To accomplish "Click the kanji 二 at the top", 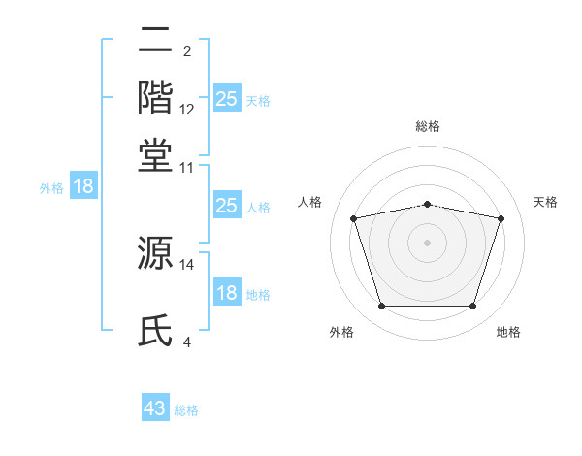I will coord(156,41).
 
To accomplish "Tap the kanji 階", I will coord(156,96).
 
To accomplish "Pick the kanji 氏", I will coord(156,330).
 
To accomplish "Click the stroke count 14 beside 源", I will coord(187,264).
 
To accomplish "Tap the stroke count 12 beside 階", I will coord(187,109).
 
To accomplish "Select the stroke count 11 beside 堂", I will coord(187,167).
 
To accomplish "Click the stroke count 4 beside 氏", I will coord(187,342).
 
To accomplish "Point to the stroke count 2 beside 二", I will coord(186,50).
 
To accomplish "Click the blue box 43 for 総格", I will coord(155,408).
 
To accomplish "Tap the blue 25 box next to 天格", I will coord(226,98).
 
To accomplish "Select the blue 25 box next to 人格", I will coord(226,206).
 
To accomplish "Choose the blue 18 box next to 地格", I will coord(226,293).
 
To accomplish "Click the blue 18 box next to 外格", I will coord(83,186).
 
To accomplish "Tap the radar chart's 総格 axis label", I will coord(428,126).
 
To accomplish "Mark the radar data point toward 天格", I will coord(501,218).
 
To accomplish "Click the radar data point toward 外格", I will coord(381,307).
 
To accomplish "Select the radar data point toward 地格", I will coord(473,307).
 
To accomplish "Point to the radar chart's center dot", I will coord(428,243).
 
